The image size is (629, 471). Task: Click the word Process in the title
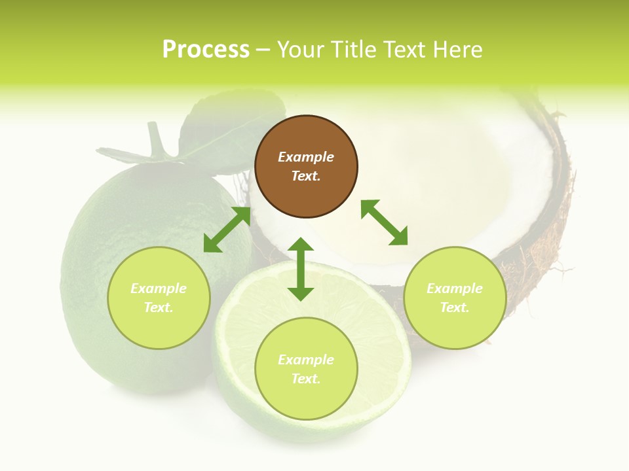[x=206, y=50]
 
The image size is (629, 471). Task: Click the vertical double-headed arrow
[x=301, y=269]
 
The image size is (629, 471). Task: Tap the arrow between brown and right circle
[x=384, y=222]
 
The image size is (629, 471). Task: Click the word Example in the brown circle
[x=306, y=157]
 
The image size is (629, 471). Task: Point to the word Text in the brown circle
[x=305, y=177]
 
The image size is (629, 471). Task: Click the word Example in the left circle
[x=159, y=288]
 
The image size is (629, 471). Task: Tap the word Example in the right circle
[x=455, y=288]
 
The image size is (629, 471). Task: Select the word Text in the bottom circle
[x=305, y=379]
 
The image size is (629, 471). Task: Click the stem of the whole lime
[x=155, y=137]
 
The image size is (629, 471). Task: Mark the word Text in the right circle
[x=454, y=307]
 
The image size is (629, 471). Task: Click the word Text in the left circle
[x=158, y=307]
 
